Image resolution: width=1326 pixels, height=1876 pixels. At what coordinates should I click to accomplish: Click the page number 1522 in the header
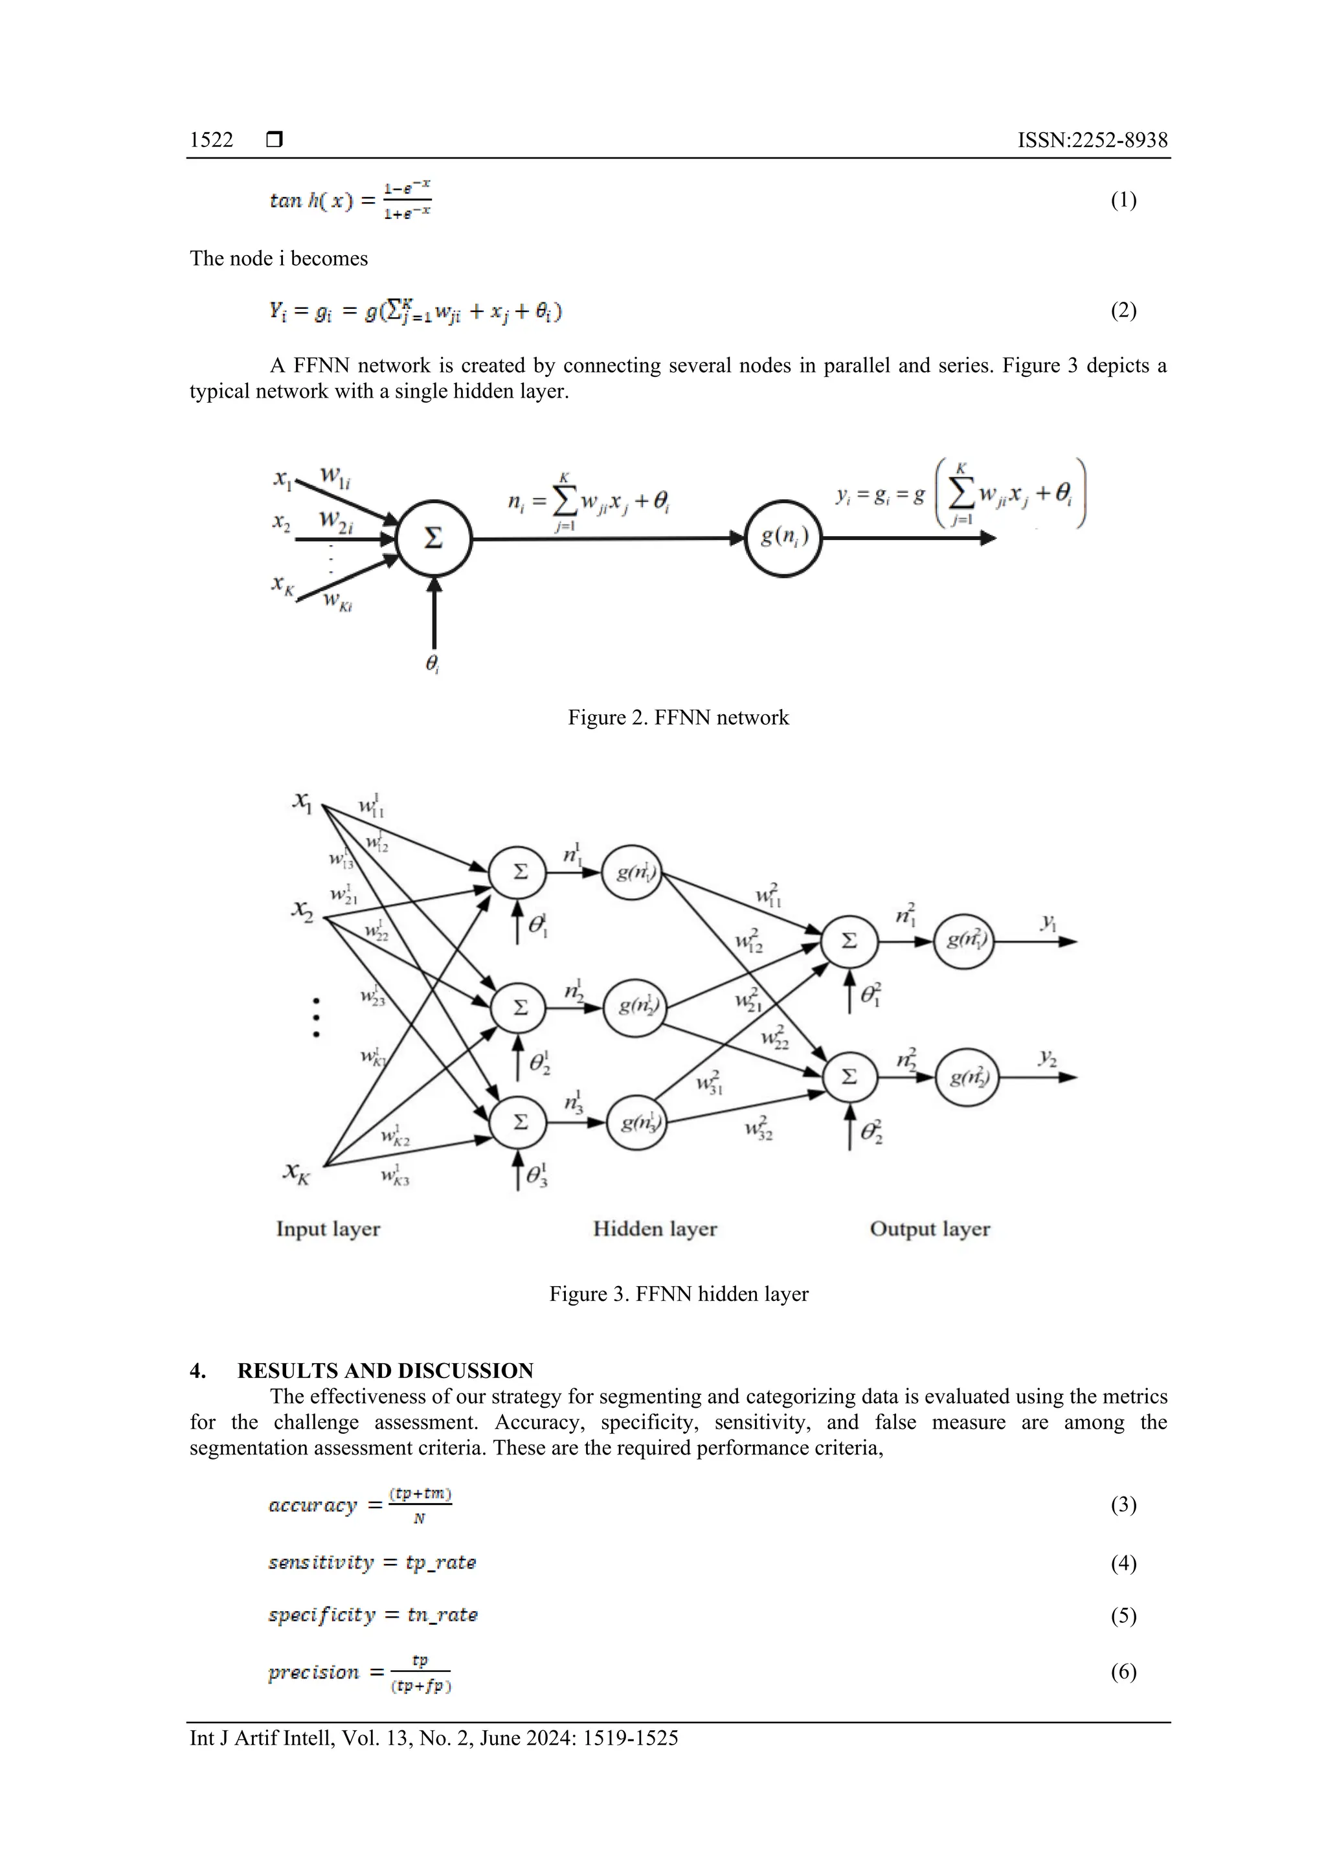[x=211, y=140]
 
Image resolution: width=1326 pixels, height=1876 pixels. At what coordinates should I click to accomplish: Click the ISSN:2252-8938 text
[x=1092, y=140]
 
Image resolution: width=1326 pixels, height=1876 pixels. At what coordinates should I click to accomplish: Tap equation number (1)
[x=1123, y=199]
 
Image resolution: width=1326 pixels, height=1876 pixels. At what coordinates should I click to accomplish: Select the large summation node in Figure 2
[x=434, y=538]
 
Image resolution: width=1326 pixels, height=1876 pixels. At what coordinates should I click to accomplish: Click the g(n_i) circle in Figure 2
[x=783, y=537]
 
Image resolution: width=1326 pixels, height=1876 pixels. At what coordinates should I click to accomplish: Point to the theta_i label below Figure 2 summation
[x=433, y=664]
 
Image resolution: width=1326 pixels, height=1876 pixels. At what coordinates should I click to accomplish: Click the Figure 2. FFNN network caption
[x=678, y=718]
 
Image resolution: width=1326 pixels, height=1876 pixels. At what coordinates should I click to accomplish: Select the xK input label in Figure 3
[x=297, y=1173]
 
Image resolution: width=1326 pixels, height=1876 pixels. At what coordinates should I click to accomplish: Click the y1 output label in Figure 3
[x=1048, y=923]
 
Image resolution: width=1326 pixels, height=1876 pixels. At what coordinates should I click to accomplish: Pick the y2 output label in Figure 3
[x=1048, y=1058]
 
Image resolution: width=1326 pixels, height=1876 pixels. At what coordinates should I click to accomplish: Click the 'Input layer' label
[x=328, y=1229]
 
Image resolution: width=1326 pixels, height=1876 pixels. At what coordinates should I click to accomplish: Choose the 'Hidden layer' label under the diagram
[x=655, y=1229]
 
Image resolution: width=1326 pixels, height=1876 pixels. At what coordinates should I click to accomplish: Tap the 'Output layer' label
[x=929, y=1229]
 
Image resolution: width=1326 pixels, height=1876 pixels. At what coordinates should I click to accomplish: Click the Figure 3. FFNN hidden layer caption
[x=678, y=1293]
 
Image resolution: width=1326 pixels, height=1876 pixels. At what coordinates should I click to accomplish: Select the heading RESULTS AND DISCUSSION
[x=385, y=1370]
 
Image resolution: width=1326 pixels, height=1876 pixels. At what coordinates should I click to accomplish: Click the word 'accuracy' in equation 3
[x=313, y=1505]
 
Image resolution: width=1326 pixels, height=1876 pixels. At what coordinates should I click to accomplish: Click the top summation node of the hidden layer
[x=520, y=872]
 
